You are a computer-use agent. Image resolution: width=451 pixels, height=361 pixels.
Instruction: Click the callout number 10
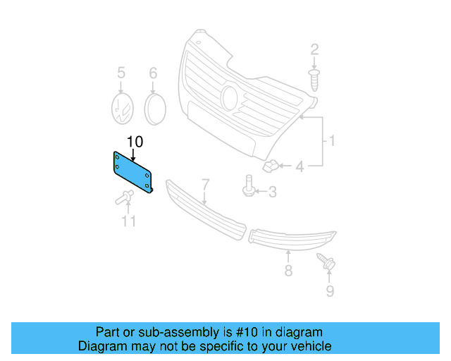click(135, 142)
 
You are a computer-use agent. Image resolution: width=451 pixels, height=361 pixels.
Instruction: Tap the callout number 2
click(314, 49)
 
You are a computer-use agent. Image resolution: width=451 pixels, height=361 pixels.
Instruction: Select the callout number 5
click(121, 73)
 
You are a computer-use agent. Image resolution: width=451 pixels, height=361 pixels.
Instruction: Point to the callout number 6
click(153, 73)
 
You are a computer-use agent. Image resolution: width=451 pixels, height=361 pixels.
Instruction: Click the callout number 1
click(330, 142)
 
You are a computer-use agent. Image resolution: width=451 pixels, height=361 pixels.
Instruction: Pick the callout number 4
click(299, 167)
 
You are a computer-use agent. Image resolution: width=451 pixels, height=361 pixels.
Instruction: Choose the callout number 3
click(271, 191)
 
